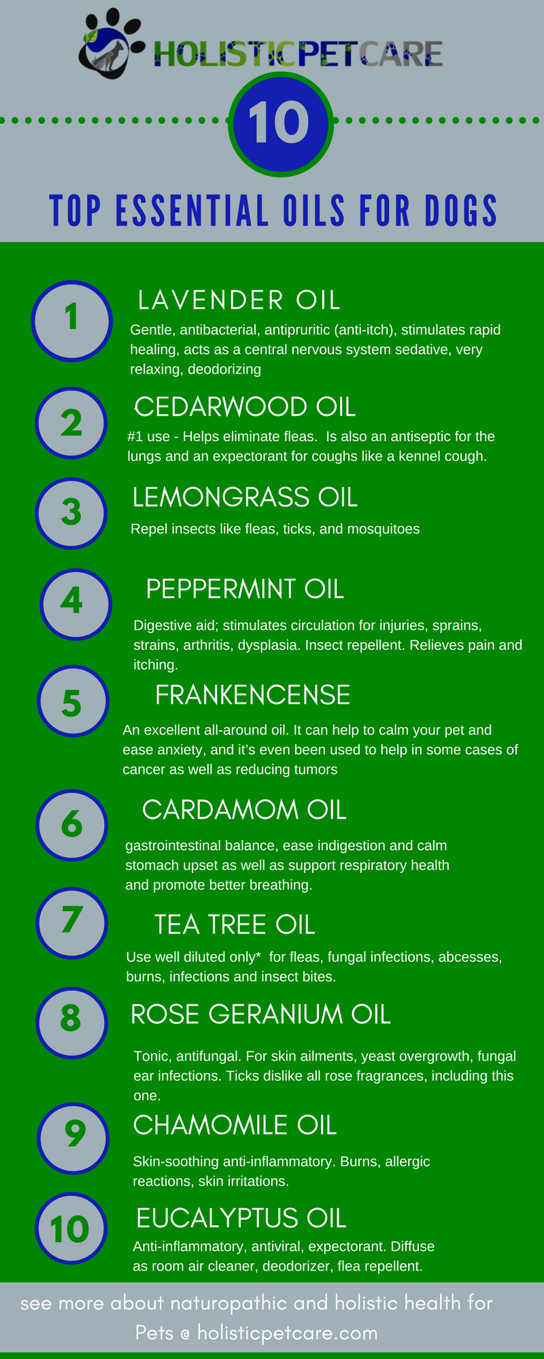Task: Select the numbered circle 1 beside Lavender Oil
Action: point(71,320)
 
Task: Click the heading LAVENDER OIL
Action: point(239,300)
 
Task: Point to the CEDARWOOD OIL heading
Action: point(245,407)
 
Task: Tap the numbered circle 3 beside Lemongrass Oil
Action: point(71,513)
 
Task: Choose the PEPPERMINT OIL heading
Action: point(245,589)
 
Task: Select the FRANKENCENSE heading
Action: point(252,695)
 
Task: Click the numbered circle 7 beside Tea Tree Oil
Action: point(71,923)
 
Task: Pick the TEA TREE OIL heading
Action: point(235,925)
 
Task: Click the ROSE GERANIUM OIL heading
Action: point(260,1014)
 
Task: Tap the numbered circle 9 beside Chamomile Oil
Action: point(73,1138)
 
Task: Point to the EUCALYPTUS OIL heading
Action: point(241,1218)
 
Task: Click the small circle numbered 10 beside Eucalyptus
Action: point(71,1229)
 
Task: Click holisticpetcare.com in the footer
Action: point(288,1333)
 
